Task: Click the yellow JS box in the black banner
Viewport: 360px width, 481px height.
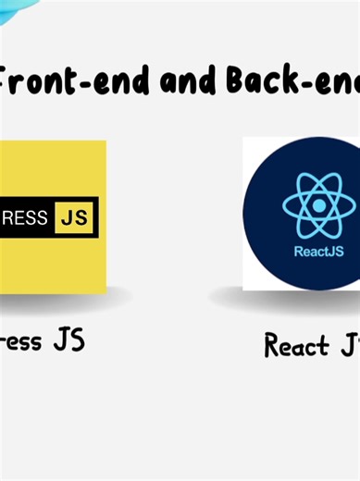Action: (x=75, y=217)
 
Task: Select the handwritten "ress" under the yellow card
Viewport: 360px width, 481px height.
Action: (x=20, y=341)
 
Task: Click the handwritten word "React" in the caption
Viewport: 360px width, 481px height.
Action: (x=296, y=346)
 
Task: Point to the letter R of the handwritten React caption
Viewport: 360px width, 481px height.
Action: (x=271, y=346)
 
